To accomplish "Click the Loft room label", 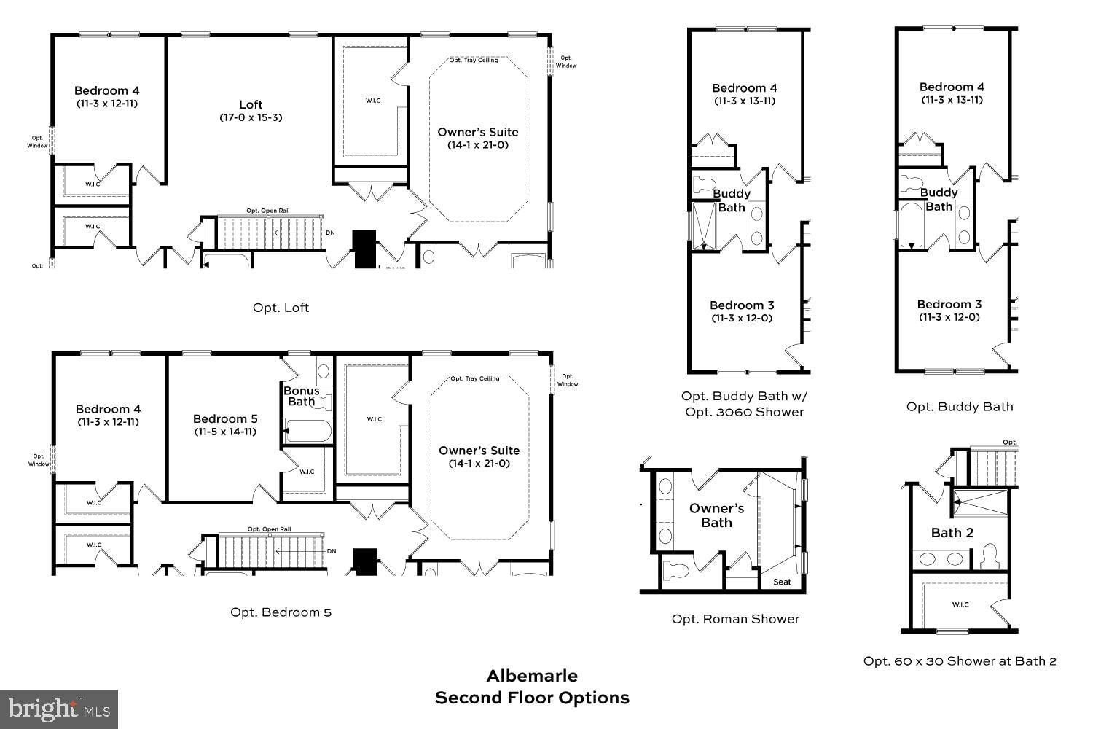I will pyautogui.click(x=251, y=104).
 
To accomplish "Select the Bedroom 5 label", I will pyautogui.click(x=225, y=418).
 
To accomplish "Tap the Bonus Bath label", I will pyautogui.click(x=301, y=396).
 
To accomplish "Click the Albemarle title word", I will pyautogui.click(x=532, y=675).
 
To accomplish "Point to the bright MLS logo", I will pyautogui.click(x=59, y=709).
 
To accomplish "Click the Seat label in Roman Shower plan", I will pyautogui.click(x=782, y=582).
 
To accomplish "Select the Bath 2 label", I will pyautogui.click(x=952, y=533).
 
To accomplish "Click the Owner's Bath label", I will pyautogui.click(x=716, y=515).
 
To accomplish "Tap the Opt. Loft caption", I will pyautogui.click(x=281, y=308).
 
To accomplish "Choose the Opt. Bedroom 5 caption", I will pyautogui.click(x=281, y=612).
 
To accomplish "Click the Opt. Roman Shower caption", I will pyautogui.click(x=735, y=619).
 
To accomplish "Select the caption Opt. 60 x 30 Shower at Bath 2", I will pyautogui.click(x=960, y=661).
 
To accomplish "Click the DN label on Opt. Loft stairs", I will pyautogui.click(x=330, y=233).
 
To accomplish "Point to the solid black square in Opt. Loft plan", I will pyautogui.click(x=364, y=248).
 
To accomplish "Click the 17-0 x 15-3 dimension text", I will pyautogui.click(x=251, y=117).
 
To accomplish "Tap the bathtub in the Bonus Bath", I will pyautogui.click(x=307, y=431).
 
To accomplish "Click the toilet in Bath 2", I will pyautogui.click(x=989, y=556).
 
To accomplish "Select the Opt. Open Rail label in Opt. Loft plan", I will pyautogui.click(x=268, y=211).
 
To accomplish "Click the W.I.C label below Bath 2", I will pyautogui.click(x=960, y=604).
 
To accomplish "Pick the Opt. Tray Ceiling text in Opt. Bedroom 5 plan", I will pyautogui.click(x=475, y=378).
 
